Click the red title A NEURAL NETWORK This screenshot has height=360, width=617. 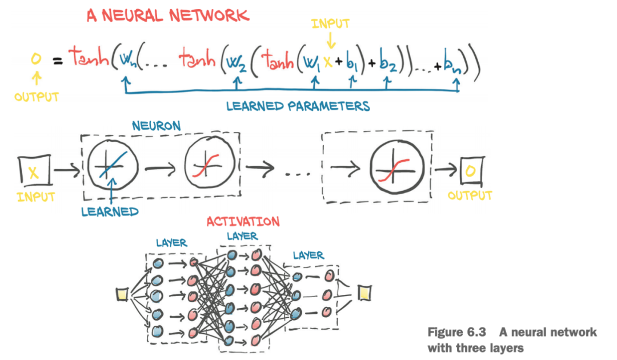[168, 15]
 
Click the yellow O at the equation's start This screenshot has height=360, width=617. [36, 59]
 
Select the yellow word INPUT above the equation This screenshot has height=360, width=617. [331, 23]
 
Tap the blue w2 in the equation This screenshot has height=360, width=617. [237, 62]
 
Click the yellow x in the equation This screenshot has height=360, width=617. [328, 61]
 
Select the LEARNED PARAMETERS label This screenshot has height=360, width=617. [298, 106]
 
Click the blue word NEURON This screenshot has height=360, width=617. [156, 126]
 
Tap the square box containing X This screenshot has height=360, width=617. [35, 170]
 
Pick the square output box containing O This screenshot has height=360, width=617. [472, 171]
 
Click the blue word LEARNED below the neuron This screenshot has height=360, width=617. [110, 211]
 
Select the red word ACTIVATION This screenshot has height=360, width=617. [243, 222]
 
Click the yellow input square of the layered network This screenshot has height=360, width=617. [122, 294]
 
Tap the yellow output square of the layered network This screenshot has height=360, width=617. [364, 293]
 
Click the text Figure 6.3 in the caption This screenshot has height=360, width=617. [457, 332]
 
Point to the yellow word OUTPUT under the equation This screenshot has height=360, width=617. [37, 97]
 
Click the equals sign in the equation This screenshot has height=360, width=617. [58, 61]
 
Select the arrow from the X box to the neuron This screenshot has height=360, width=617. [67, 170]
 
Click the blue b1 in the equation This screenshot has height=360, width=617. [352, 62]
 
